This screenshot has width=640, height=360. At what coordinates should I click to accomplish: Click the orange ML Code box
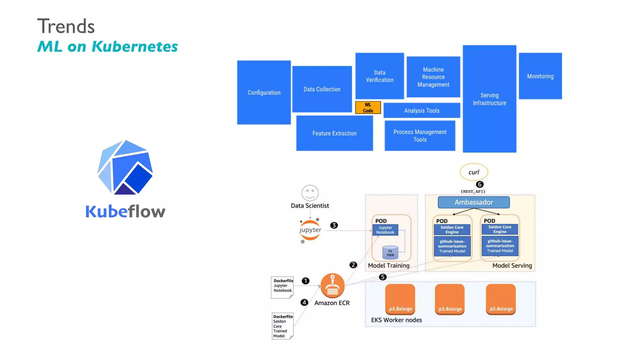point(368,107)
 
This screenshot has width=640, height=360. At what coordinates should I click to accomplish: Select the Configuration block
point(264,92)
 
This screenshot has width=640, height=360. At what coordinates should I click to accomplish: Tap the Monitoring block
point(540,76)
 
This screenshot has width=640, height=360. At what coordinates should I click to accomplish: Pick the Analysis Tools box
point(422,110)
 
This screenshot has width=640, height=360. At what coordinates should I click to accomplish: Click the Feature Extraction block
point(334,133)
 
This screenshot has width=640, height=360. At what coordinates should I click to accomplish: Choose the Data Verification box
point(379,76)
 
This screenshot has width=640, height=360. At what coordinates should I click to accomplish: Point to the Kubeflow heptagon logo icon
point(125,168)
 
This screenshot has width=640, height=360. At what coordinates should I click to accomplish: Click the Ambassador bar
point(473,202)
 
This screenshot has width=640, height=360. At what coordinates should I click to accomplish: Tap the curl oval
point(473,172)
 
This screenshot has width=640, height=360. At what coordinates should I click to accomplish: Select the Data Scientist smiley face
point(310,193)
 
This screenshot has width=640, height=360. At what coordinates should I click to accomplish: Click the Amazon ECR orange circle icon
point(332,286)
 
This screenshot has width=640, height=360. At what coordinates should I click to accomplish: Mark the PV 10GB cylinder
point(390,253)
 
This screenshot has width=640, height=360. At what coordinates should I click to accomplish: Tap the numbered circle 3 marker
point(334,225)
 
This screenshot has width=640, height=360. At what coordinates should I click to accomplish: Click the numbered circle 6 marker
point(479,184)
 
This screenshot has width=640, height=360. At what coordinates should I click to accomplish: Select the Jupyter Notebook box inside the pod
point(385,230)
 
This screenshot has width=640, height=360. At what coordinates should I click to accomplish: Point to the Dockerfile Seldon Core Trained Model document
point(282,326)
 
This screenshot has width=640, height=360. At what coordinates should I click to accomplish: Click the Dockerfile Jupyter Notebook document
point(282,287)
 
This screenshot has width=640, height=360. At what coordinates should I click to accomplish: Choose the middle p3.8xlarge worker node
point(450,299)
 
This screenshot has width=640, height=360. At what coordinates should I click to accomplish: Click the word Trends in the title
point(66,26)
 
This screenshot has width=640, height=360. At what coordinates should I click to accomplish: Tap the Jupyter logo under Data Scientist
point(310,230)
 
